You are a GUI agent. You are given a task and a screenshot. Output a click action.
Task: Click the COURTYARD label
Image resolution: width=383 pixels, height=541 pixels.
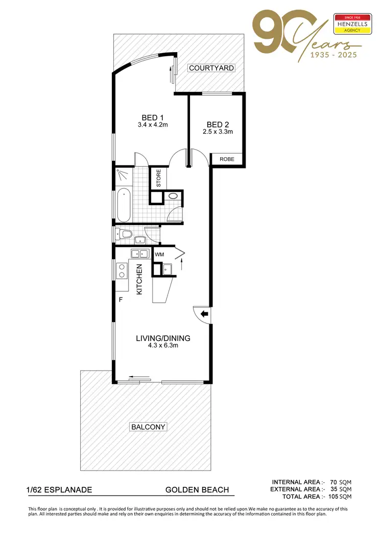point(211,68)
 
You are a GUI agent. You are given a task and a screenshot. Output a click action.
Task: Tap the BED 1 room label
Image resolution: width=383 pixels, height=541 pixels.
point(153,118)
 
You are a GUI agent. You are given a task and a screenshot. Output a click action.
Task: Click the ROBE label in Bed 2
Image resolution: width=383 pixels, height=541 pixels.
point(227,159)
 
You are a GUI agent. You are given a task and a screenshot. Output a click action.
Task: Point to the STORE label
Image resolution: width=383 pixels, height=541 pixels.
point(158,179)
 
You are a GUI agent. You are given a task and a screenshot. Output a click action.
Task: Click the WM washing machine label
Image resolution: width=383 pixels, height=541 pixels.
point(159,254)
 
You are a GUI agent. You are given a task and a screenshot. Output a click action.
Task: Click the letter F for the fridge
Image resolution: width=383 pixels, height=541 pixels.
point(121,300)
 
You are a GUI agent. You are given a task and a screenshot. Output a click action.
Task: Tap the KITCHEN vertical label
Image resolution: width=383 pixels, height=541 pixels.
point(139,279)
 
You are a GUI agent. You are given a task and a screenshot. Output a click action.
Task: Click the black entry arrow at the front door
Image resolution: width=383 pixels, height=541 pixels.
point(204,314)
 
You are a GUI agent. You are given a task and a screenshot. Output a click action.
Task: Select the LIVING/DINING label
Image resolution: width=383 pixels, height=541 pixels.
point(163,338)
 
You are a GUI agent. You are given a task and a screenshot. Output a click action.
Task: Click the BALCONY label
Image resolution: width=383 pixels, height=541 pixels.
point(149,427)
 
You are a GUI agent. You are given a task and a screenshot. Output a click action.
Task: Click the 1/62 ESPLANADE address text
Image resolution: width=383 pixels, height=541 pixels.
point(59,490)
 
